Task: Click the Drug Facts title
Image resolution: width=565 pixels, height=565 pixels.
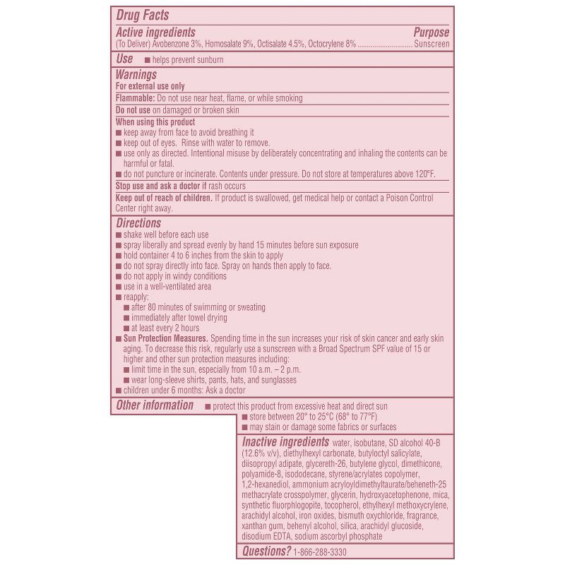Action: click(142, 15)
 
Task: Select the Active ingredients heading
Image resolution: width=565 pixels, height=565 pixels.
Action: click(155, 32)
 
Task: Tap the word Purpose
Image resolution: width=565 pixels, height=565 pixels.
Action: click(431, 32)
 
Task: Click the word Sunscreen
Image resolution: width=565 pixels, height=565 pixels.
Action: click(432, 44)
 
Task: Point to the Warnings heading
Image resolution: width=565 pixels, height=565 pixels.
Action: click(136, 74)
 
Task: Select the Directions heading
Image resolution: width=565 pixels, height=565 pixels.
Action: click(138, 223)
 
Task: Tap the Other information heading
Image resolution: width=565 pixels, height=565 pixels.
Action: click(154, 405)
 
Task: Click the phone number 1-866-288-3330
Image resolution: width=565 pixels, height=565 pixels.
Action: click(320, 552)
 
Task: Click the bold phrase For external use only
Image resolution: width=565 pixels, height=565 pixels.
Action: click(150, 86)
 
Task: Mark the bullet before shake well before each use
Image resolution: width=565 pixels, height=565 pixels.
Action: click(118, 235)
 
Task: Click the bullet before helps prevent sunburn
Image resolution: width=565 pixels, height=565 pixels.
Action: click(147, 61)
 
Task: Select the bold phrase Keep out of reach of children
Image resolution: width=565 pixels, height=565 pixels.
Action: click(164, 198)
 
